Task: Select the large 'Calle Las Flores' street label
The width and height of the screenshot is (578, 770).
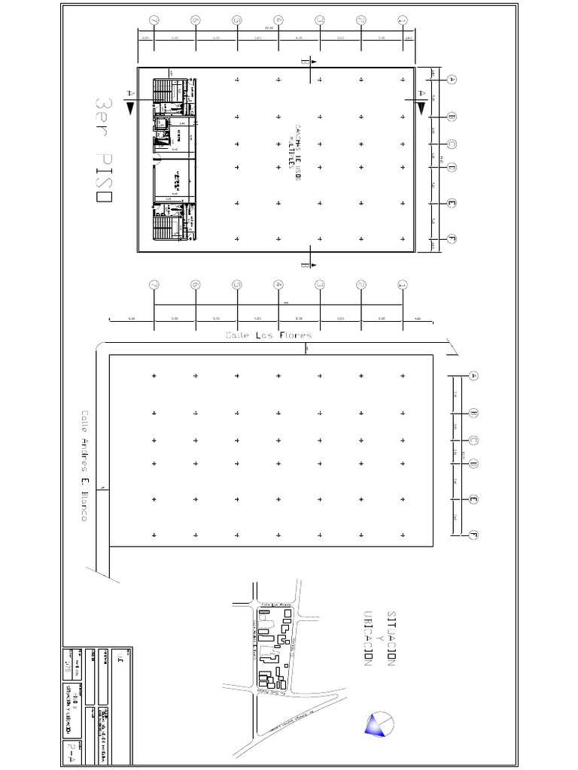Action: coord(269,335)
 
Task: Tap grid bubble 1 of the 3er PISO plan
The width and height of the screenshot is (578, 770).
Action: coord(402,20)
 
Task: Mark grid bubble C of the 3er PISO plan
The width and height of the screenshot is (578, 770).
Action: coord(452,144)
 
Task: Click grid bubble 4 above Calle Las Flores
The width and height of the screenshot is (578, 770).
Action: coord(278,285)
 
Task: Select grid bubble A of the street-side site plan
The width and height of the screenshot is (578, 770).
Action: coord(473,375)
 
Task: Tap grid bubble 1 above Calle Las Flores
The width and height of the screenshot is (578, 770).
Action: coord(402,285)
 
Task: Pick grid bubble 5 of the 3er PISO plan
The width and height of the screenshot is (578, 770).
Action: coord(236,20)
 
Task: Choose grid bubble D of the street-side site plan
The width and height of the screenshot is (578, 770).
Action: coord(473,462)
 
